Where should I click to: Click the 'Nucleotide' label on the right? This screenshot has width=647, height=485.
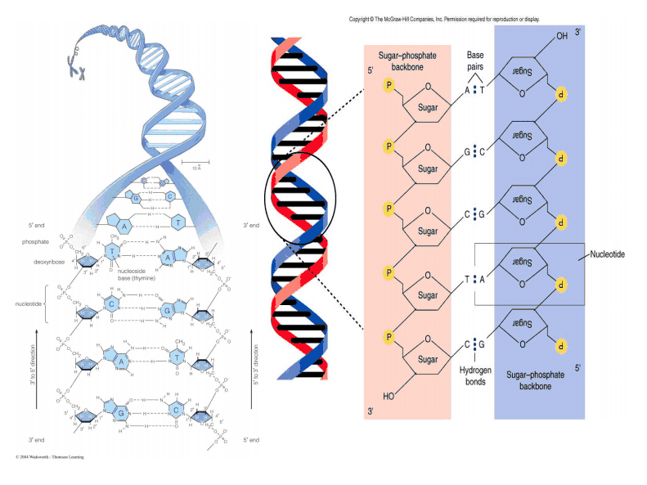[608, 254]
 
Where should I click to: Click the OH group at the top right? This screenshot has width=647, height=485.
[561, 37]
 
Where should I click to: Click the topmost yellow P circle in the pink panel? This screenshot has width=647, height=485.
[389, 84]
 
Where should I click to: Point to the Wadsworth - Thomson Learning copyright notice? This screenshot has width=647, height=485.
[49, 456]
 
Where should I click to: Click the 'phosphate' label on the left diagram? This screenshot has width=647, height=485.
[35, 242]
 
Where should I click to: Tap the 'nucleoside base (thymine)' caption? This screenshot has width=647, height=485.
[141, 275]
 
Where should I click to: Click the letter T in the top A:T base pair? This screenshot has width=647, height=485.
[482, 91]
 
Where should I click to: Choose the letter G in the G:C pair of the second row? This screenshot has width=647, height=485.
[468, 152]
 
